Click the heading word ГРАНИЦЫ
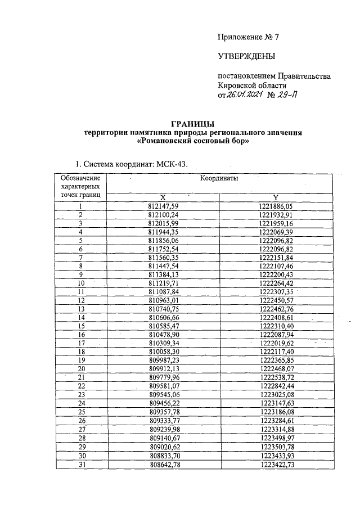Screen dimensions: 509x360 click(x=192, y=124)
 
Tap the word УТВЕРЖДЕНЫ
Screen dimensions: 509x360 click(x=246, y=56)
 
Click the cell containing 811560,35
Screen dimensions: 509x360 click(x=163, y=257)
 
